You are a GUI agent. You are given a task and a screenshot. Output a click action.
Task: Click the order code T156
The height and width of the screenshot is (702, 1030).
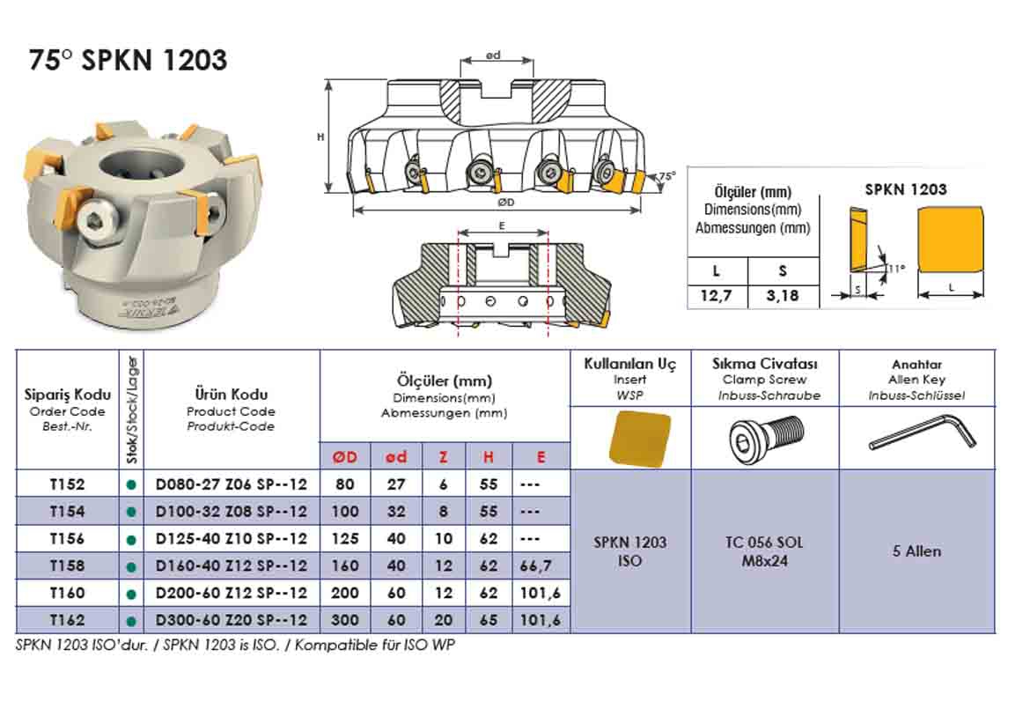67,538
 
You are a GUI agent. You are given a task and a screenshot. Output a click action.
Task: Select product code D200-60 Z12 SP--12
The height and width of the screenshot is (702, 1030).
231,593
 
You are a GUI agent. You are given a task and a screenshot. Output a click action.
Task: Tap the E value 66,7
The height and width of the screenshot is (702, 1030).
541,565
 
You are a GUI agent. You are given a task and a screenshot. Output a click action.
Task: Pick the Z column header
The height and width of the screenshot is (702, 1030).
443,457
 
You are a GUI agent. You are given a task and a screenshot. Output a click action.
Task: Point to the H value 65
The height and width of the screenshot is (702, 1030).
489,620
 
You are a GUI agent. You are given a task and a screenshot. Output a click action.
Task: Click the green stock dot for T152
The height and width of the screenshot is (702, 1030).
132,484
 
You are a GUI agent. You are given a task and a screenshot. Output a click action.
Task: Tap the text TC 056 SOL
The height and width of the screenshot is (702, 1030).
764,543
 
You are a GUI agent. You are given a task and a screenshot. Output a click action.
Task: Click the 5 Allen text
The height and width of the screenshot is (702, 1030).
916,551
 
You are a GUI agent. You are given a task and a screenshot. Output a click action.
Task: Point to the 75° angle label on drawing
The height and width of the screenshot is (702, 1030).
667,176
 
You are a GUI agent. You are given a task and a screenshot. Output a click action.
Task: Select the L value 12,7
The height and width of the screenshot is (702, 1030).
717,296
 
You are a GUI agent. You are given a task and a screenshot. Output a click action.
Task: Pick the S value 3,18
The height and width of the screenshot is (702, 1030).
783,296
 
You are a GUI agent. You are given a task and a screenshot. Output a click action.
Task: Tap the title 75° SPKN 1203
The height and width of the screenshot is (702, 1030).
129,60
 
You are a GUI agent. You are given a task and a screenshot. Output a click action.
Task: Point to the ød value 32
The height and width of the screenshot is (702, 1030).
396,511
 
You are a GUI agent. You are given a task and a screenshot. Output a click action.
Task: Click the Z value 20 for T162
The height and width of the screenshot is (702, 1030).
443,620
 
